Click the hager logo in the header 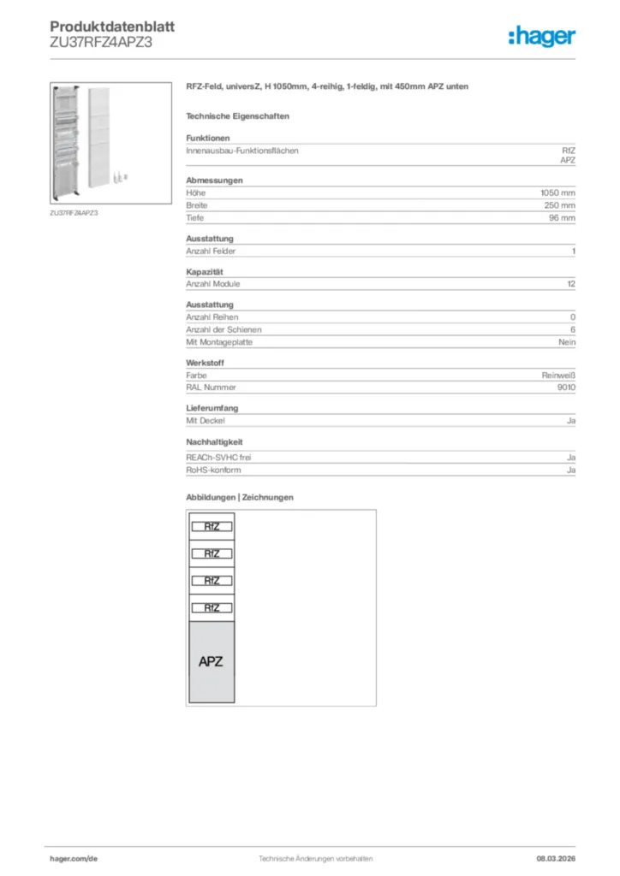[541, 36]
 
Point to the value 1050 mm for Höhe [558, 193]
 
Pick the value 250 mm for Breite [560, 205]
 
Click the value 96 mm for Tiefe [562, 218]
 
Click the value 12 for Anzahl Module [570, 284]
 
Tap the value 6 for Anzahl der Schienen [573, 329]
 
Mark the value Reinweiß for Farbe [558, 375]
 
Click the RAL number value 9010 [566, 388]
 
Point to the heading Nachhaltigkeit [214, 441]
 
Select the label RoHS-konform [213, 471]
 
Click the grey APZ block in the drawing [211, 661]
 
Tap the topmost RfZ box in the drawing [212, 527]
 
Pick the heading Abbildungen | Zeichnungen [240, 497]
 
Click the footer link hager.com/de [74, 858]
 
